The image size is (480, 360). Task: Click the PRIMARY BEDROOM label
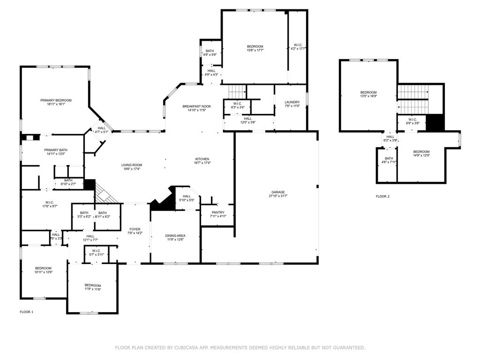56,100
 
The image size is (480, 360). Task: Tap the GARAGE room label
277,192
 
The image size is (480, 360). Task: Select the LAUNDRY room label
292,102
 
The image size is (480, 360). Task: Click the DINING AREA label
175,236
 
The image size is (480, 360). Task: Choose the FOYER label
135,229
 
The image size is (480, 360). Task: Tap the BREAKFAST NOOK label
196,106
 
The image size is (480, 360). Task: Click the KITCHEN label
202,159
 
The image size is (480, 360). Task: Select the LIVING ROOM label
132,165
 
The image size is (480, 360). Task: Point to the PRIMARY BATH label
55,150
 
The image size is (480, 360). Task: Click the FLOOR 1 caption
26,312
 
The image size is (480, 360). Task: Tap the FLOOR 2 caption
382,196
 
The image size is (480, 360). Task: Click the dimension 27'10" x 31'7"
277,196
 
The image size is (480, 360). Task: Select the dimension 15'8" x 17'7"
255,50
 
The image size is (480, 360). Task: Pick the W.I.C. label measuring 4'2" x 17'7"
298,48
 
